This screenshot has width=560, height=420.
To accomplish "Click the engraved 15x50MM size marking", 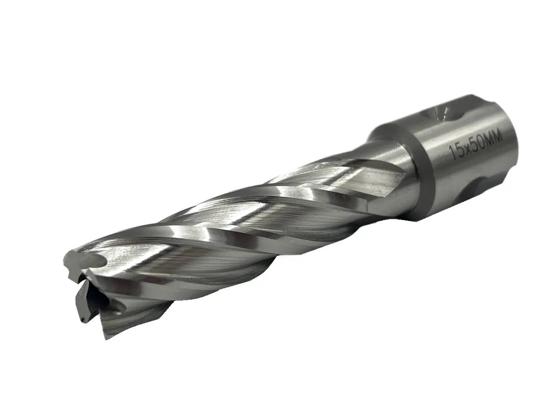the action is pos(476,146).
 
